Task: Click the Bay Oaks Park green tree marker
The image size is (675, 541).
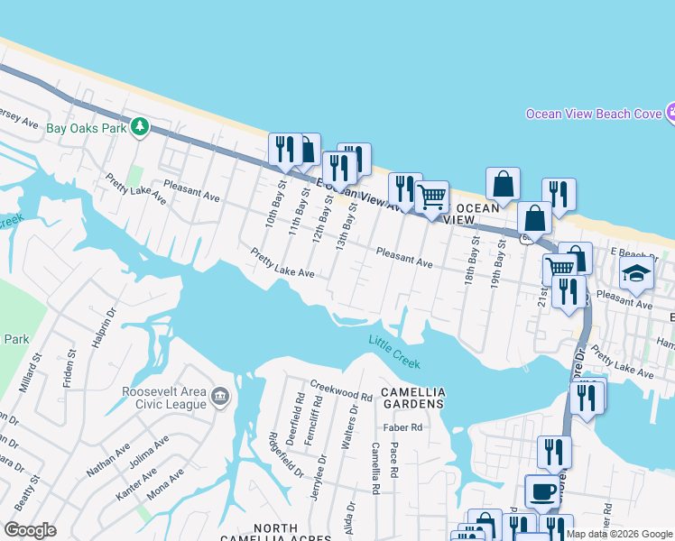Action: coord(139,126)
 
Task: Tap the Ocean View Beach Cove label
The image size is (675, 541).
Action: coord(594,114)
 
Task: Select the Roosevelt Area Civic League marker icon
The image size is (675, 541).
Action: coord(219,398)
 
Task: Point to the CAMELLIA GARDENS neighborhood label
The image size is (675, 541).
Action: coord(413,399)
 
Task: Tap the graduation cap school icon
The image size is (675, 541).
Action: coord(636,274)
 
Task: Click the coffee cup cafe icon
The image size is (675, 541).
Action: coord(541,491)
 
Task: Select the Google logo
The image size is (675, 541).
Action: coord(31,530)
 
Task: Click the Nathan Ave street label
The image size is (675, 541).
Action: coord(107,459)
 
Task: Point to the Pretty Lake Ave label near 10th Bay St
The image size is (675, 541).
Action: coord(282,263)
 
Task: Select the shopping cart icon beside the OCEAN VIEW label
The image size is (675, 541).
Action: coord(432,197)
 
